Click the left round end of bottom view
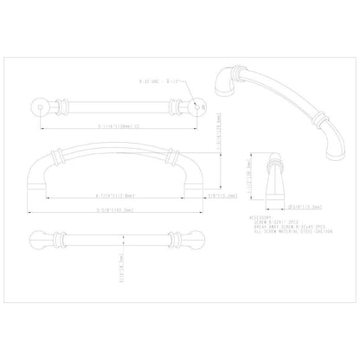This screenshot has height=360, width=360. pyautogui.click(x=39, y=237)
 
